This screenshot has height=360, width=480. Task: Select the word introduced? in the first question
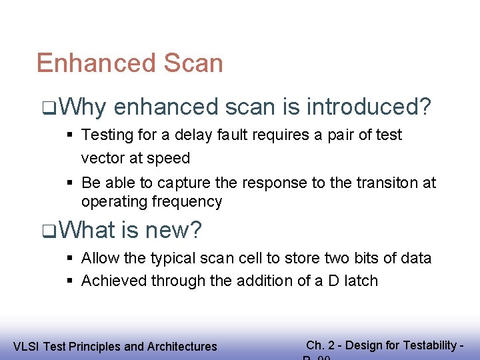pos(368,107)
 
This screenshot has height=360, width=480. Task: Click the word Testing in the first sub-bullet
pos(105,135)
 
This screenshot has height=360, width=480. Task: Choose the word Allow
pos(99,258)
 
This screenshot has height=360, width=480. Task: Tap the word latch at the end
pos(360,281)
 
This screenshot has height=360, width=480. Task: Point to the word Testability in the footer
pos(427,345)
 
